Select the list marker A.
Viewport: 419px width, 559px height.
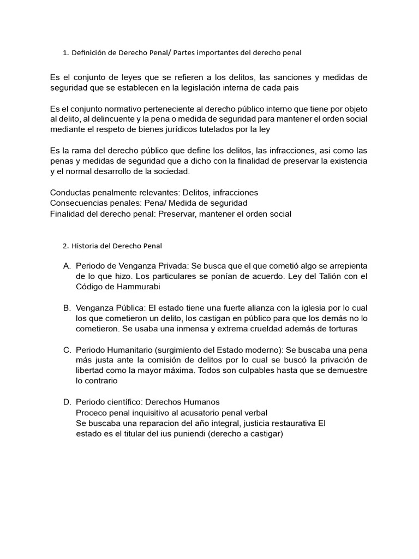pyautogui.click(x=67, y=266)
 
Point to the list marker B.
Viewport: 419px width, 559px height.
pyautogui.click(x=67, y=308)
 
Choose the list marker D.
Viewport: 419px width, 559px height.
pyautogui.click(x=67, y=402)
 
